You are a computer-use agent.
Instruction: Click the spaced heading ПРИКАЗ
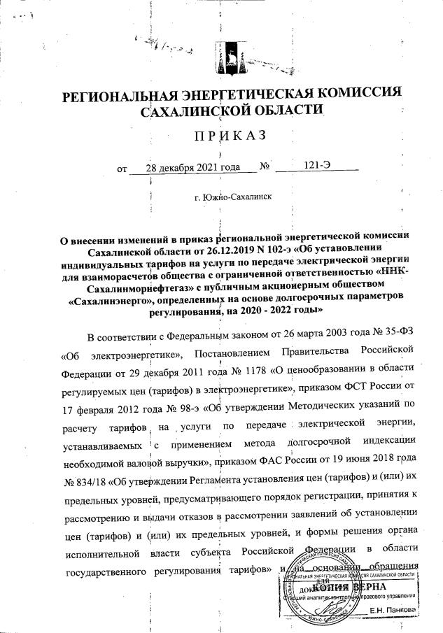click(x=222, y=134)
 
